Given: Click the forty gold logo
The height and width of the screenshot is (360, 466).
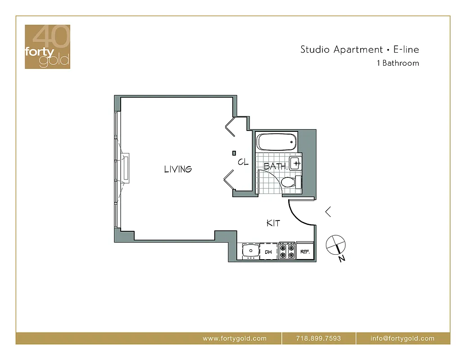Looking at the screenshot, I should coord(47,47).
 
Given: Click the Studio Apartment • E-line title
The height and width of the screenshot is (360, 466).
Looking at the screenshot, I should coord(359,49).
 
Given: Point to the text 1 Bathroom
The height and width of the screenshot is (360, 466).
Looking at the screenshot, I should coord(398,63).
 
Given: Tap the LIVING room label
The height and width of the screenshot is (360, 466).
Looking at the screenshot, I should coord(178,169).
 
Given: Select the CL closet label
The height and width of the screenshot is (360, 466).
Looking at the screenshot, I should coord(243,162).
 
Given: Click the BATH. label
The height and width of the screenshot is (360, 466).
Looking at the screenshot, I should coord(275,166).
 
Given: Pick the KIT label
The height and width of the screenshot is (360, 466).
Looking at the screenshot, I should coord(273,223).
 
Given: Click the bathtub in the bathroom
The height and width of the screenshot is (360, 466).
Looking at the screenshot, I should coord(277,143).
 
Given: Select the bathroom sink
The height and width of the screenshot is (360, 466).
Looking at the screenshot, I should coord(295,163).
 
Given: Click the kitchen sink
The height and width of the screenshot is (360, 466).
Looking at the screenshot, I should coord(249,251).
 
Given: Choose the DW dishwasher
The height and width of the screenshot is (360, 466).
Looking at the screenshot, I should coord(268,252).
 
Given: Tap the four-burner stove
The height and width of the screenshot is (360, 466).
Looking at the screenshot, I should coord(286,251).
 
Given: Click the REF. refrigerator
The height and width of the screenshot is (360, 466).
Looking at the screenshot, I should coord(304,252).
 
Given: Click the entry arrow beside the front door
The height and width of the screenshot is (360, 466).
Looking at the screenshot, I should coord(328,211).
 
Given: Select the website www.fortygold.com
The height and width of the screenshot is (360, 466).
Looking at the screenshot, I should coord(235,338).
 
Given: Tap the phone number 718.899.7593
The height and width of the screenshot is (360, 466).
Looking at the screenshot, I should coord(319,338).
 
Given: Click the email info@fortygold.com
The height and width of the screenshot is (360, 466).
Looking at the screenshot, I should coord(403,338).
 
